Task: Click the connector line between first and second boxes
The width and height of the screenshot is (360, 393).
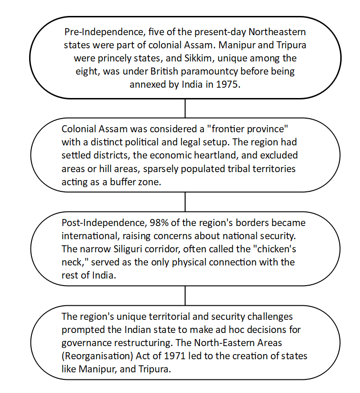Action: (x=185, y=108)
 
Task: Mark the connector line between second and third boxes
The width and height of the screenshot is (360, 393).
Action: (x=185, y=202)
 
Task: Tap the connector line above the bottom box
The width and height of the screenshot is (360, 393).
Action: (x=185, y=295)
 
